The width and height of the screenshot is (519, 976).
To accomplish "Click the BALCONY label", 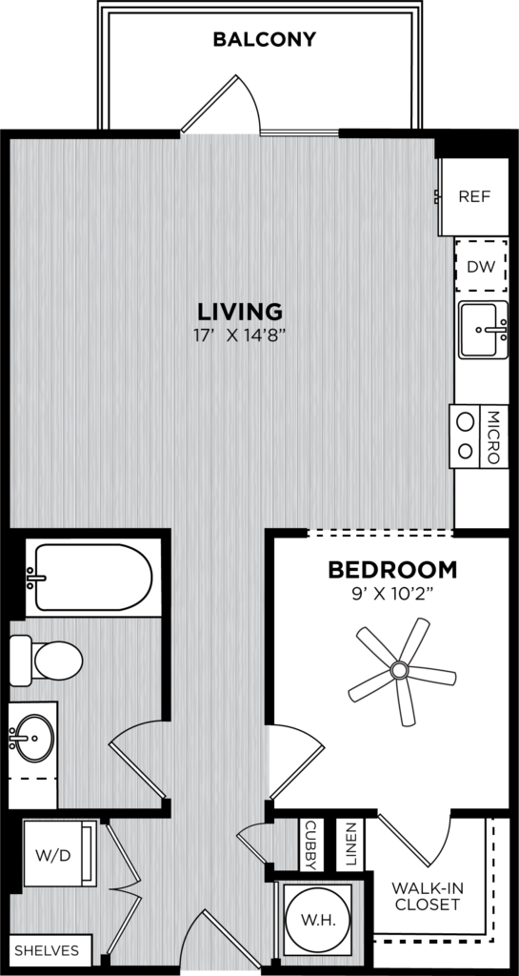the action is point(264,39).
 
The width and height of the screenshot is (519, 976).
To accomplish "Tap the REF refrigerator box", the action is point(473,196).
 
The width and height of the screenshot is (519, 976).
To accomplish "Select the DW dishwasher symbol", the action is point(481,267).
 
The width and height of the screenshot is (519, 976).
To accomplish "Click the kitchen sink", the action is point(483,330).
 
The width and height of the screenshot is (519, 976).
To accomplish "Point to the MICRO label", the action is point(493,437).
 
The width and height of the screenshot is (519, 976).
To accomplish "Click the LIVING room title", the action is point(240,311).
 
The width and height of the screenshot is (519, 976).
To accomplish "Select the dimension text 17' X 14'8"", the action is point(240,335).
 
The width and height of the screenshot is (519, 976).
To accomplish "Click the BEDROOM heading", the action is point(392,569).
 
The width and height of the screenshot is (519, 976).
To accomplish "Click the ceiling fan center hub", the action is point(399,670).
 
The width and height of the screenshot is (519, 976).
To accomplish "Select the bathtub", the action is point(93,578).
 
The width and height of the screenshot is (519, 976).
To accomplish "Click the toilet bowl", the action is point(58,661).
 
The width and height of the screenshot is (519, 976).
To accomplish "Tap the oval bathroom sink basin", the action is point(34,739).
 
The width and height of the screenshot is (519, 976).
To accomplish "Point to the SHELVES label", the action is point(47,950).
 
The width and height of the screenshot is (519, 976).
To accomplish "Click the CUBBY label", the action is point(310,845).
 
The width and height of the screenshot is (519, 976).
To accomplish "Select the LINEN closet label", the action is point(349,845).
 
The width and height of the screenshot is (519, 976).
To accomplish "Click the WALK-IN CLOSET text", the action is point(428,896).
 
